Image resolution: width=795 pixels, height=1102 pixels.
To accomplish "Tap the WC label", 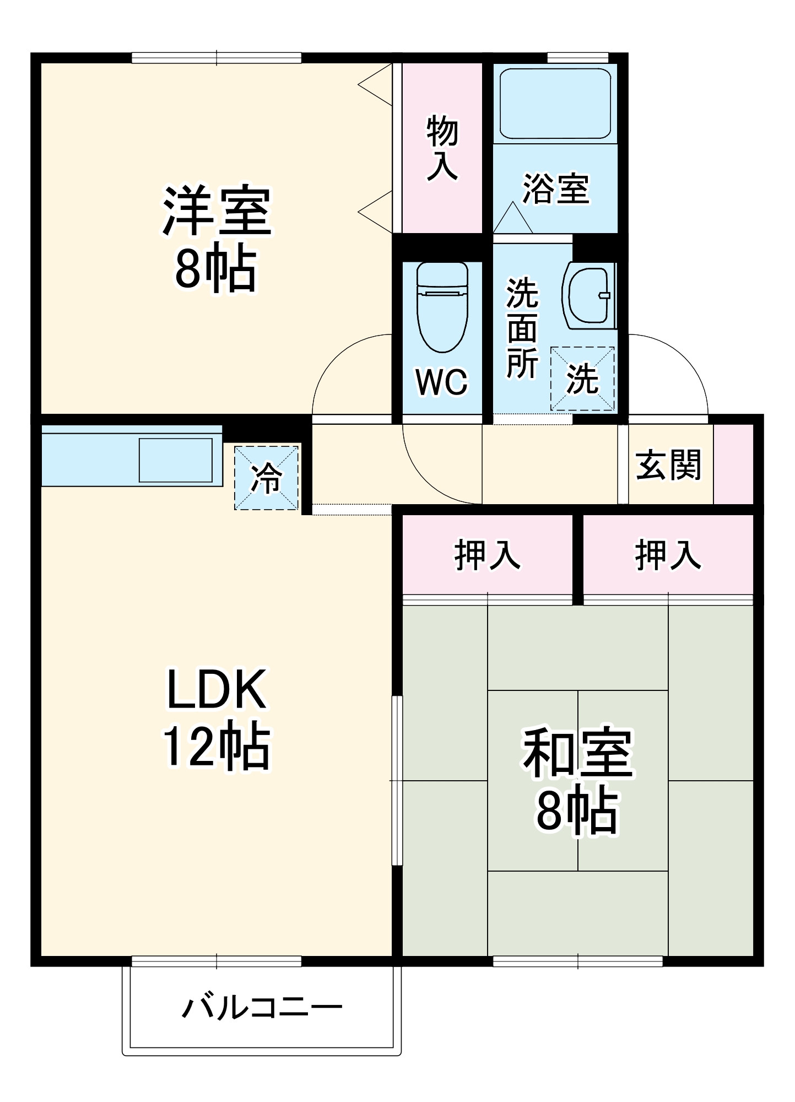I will tap(442, 381).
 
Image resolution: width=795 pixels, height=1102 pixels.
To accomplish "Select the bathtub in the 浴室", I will tap(555, 103).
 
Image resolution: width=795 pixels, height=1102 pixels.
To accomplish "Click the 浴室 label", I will tap(555, 189).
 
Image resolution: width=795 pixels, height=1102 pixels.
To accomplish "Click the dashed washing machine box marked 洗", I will tap(582, 379).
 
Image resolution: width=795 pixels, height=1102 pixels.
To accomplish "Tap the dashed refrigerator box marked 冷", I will tap(267, 478).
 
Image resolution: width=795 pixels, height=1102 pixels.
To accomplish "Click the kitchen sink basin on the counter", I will tap(175, 460).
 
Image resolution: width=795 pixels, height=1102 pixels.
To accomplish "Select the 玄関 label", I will tap(668, 464).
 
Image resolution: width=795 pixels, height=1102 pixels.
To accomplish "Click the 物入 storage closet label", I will tap(442, 148).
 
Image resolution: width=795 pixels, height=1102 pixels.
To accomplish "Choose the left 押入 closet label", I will tap(487, 555).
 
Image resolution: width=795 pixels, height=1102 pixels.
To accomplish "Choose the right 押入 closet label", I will tap(668, 555).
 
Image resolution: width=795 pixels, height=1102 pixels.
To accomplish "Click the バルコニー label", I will tap(262, 1008).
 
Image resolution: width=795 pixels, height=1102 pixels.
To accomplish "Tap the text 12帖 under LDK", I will tap(216, 747).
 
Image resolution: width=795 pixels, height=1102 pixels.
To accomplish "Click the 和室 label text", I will tap(577, 753).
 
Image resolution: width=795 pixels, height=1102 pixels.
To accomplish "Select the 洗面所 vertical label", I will tap(521, 328).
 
